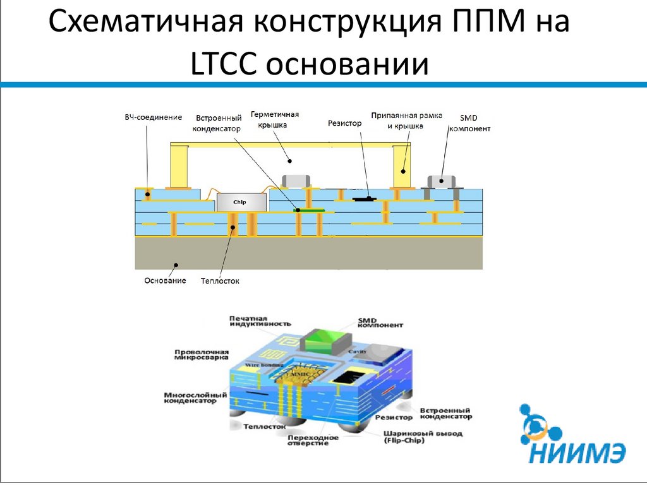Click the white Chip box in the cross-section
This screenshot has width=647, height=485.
point(239,202)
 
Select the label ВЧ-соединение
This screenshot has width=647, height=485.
point(153,117)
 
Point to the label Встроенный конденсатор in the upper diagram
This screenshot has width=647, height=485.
point(218,123)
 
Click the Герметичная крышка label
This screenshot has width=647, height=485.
point(274,119)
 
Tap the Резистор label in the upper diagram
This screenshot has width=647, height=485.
point(344,123)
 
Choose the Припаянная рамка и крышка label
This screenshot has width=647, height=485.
point(406,121)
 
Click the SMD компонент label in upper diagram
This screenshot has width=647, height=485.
point(469,123)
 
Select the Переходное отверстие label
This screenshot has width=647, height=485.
point(308,440)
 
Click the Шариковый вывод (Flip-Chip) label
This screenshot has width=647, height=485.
point(422,437)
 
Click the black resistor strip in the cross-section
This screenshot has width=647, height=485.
point(364,199)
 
